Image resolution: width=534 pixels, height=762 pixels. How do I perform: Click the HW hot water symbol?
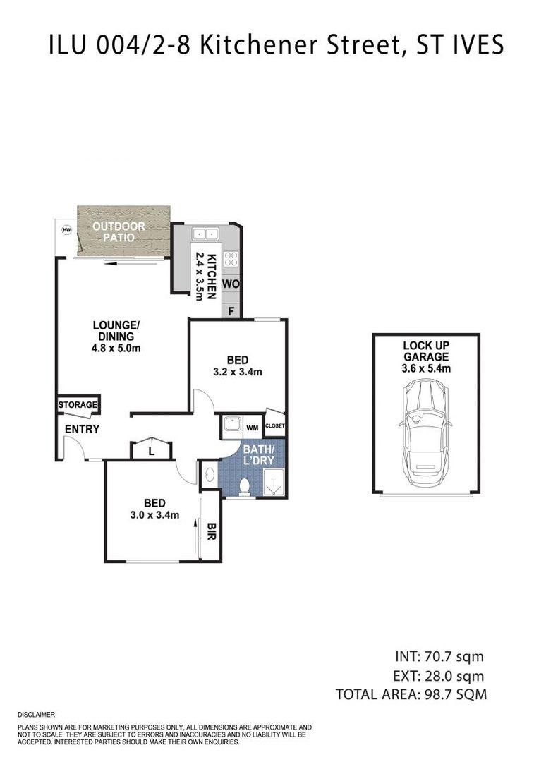tap(67, 230)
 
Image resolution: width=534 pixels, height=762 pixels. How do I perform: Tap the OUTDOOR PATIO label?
tap(121, 232)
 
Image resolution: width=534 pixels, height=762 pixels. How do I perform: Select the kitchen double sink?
tap(205, 234)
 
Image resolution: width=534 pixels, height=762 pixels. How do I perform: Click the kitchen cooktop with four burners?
tap(231, 259)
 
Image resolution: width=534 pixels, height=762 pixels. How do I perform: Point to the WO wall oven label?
tap(231, 284)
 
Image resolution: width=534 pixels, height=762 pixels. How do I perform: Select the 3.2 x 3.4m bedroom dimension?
tap(238, 372)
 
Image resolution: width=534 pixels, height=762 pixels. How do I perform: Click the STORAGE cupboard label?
tap(78, 406)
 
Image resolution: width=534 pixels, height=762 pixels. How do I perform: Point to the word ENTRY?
tap(82, 429)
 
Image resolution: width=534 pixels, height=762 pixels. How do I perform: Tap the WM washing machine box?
tap(252, 427)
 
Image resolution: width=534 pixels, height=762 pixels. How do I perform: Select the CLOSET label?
tap(274, 426)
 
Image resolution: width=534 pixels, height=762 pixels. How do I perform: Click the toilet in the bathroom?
tap(245, 486)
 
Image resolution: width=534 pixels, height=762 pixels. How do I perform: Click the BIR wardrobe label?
tap(210, 530)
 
